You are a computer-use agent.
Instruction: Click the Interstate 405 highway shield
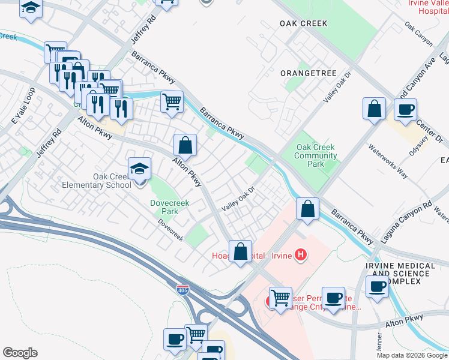[183, 290]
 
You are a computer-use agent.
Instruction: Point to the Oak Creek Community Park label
[316, 155]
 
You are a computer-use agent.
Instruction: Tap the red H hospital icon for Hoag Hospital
[301, 256]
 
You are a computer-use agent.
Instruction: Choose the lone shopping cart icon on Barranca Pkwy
[172, 101]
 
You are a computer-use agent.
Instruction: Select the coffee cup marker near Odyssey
[405, 109]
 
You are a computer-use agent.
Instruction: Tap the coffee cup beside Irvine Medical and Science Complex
[376, 286]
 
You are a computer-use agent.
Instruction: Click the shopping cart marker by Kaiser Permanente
[280, 297]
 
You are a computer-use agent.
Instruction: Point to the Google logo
[20, 353]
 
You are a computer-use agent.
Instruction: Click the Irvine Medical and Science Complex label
[401, 274]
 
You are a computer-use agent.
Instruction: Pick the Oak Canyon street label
[418, 35]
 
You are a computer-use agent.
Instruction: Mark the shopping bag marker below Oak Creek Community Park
[307, 209]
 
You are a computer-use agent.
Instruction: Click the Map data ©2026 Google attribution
[412, 355]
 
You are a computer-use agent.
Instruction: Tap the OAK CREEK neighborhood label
[303, 23]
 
